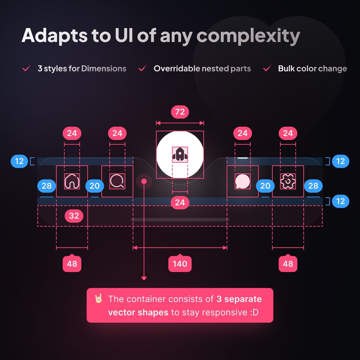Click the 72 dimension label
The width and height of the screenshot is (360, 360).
(x=180, y=112)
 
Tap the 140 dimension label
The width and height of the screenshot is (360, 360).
(x=180, y=264)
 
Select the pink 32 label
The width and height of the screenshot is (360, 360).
(x=74, y=216)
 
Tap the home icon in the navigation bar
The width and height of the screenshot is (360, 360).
(x=72, y=181)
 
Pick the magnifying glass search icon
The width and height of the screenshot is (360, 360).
(x=117, y=181)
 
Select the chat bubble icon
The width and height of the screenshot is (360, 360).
(x=243, y=181)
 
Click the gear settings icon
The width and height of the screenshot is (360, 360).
(x=288, y=181)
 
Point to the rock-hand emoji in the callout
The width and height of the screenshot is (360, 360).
(x=99, y=299)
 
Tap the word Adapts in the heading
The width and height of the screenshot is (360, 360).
(x=54, y=35)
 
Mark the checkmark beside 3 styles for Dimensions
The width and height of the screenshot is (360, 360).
(x=26, y=68)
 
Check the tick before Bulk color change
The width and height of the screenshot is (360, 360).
(x=267, y=68)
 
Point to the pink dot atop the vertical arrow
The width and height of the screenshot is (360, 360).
(x=144, y=181)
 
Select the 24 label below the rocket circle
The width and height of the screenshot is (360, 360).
(x=180, y=203)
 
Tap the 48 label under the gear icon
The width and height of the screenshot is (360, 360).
(x=288, y=264)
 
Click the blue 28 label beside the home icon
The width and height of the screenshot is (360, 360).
(x=47, y=186)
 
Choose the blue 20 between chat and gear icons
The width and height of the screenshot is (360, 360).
(x=265, y=186)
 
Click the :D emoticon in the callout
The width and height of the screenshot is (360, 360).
(x=254, y=312)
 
